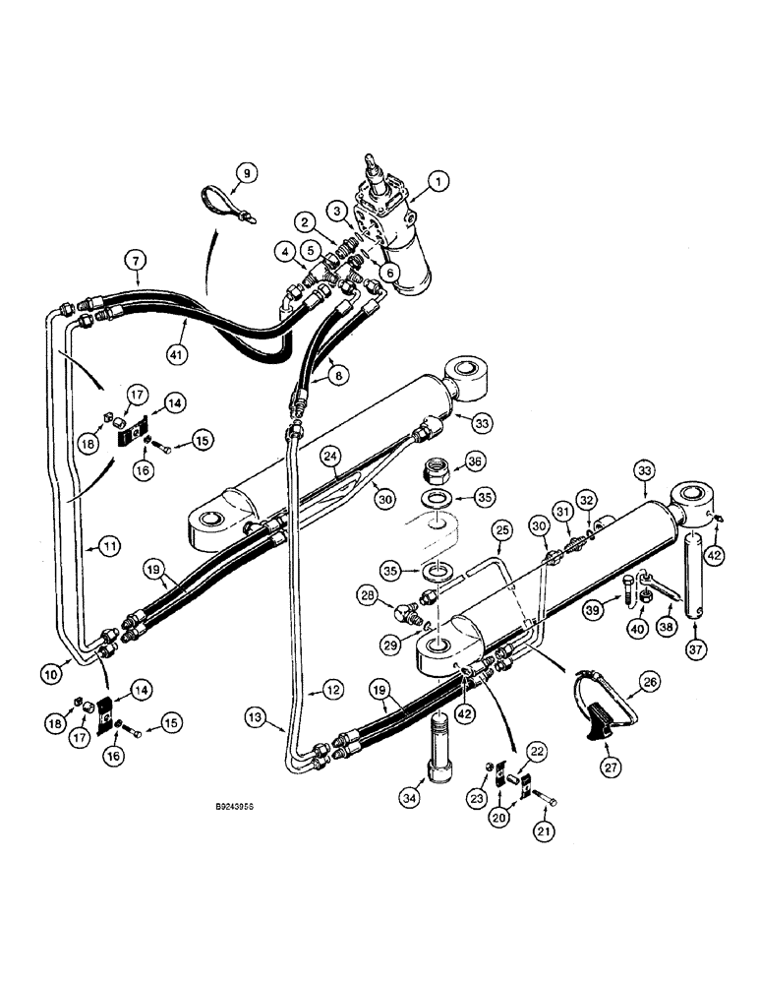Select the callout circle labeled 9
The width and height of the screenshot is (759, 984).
pos(246,173)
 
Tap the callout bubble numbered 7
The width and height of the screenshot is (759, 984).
pos(135,261)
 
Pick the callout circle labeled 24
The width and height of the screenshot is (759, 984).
pos(328,457)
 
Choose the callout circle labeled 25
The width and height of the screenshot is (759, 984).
pos(501,531)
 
